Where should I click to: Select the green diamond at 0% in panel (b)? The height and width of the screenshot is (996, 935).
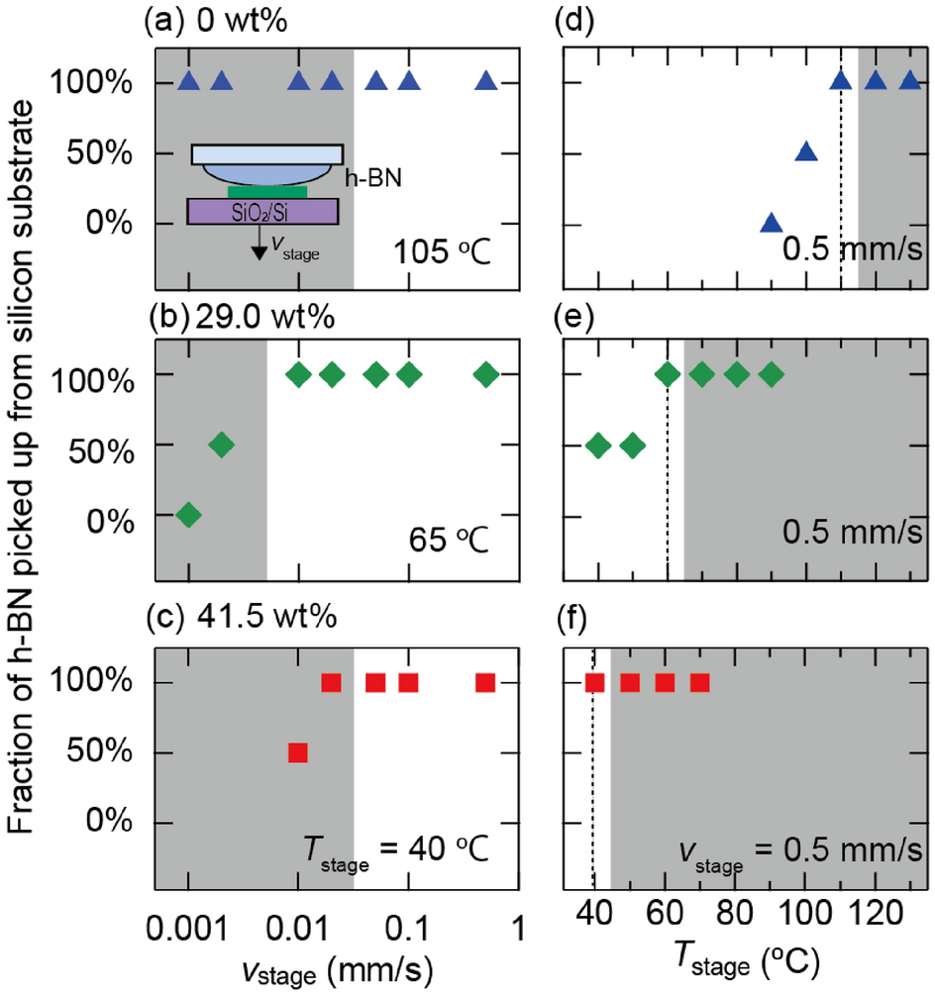pyautogui.click(x=188, y=515)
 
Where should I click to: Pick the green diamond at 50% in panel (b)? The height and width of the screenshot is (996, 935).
pyautogui.click(x=222, y=445)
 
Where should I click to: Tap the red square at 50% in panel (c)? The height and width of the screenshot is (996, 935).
pyautogui.click(x=298, y=753)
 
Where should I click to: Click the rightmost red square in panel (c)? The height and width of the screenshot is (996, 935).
pyautogui.click(x=485, y=682)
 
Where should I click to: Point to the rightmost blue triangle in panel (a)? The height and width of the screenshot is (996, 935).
pyautogui.click(x=485, y=82)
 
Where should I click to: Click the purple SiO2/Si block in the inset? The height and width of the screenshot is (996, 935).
pyautogui.click(x=263, y=211)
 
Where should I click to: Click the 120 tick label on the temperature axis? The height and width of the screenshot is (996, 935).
pyautogui.click(x=876, y=911)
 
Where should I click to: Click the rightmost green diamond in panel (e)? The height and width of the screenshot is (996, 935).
pyautogui.click(x=771, y=374)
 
